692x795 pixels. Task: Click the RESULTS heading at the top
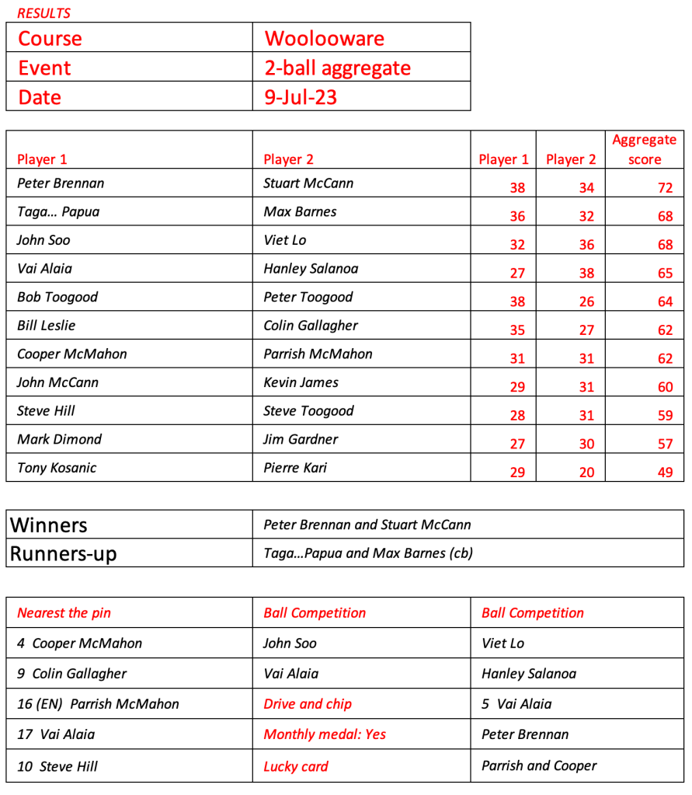[43, 13]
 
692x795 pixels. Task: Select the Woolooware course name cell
[324, 38]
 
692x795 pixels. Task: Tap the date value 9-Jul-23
[301, 97]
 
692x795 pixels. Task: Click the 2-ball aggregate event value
[337, 68]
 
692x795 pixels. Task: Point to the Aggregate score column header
[644, 149]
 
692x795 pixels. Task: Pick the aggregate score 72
[665, 188]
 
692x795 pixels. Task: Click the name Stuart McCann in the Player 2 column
[308, 183]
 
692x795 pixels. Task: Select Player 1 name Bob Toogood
[57, 297]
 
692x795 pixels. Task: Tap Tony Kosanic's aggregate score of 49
[665, 472]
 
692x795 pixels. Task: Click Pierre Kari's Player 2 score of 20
[586, 472]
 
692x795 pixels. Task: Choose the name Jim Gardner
[301, 439]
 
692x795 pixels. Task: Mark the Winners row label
[48, 525]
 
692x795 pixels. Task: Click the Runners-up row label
[63, 554]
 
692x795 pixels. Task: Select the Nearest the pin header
[64, 612]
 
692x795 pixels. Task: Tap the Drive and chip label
[308, 704]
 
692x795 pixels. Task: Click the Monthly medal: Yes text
[325, 734]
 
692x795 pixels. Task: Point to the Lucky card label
[296, 766]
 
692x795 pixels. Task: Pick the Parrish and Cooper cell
[539, 765]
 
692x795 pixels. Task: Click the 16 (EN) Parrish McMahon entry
[98, 704]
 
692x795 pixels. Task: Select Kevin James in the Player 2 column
[301, 382]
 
